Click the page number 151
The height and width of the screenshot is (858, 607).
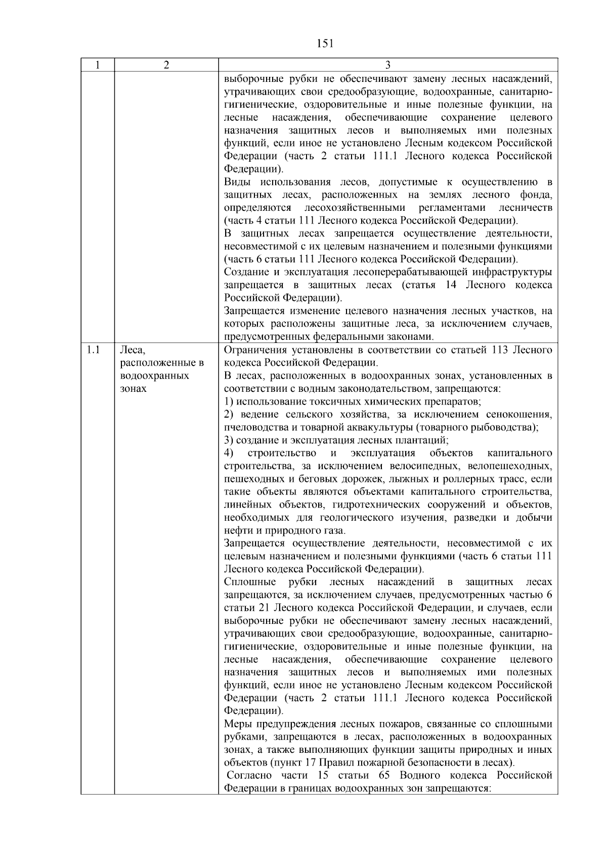325,43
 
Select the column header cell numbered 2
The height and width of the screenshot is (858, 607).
166,65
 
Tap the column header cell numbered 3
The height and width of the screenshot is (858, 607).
387,65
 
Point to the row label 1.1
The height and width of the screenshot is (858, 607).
93,350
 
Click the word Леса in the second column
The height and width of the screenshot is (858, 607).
133,350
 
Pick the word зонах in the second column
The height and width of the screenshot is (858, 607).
134,389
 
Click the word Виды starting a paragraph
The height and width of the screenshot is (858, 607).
238,182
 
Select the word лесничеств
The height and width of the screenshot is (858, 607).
526,208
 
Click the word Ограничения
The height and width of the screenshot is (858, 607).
253,350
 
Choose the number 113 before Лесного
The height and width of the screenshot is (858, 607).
499,350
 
